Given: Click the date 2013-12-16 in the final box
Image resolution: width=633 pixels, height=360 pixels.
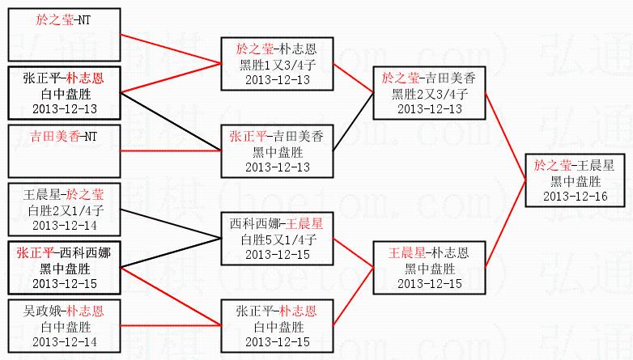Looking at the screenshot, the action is pyautogui.click(x=571, y=197).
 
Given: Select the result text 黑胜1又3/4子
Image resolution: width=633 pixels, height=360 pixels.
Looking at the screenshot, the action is pyautogui.click(x=271, y=65).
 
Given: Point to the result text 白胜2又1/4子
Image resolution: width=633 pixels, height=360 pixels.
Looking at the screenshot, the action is pyautogui.click(x=64, y=210).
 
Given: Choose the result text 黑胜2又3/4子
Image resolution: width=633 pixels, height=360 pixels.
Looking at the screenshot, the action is pyautogui.click(x=430, y=93).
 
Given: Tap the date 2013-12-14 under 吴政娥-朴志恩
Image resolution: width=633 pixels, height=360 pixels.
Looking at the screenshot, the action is pyautogui.click(x=64, y=342).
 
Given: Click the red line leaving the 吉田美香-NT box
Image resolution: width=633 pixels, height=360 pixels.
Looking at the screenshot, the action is pyautogui.click(x=170, y=151).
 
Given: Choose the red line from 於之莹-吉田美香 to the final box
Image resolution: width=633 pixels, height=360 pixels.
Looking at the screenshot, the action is pyautogui.click(x=505, y=129).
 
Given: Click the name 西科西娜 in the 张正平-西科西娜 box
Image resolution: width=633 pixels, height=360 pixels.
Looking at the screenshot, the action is pyautogui.click(x=83, y=253).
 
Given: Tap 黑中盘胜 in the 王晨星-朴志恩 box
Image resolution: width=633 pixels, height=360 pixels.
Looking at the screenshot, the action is pyautogui.click(x=430, y=269).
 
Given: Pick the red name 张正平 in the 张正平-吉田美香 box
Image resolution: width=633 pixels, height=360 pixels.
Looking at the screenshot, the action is pyautogui.click(x=245, y=137).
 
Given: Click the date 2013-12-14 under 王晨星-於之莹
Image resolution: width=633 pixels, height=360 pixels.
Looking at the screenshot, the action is pyautogui.click(x=64, y=225).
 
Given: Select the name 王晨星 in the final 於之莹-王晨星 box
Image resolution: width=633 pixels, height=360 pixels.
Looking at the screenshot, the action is pyautogui.click(x=593, y=166).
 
